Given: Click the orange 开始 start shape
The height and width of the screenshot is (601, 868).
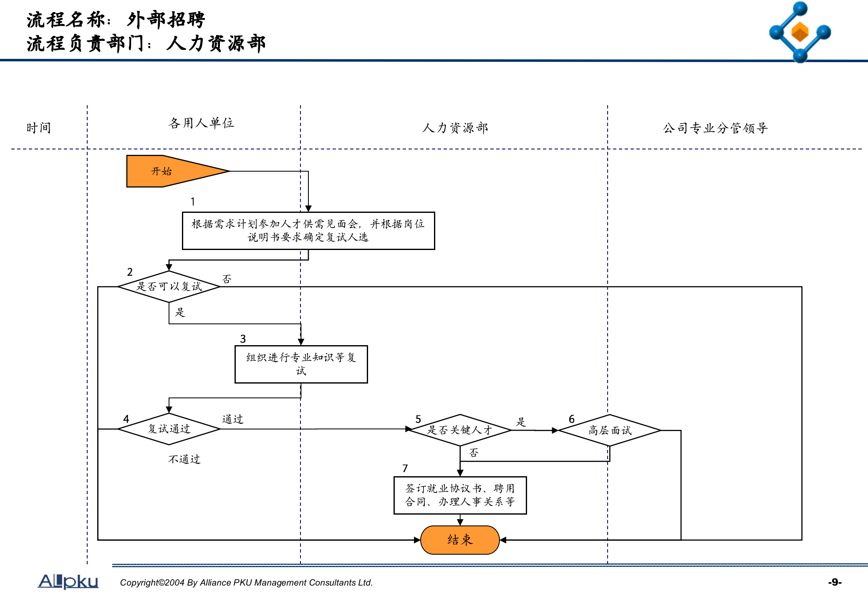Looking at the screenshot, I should pyautogui.click(x=167, y=171).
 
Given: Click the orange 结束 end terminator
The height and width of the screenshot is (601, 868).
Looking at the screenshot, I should pyautogui.click(x=460, y=540).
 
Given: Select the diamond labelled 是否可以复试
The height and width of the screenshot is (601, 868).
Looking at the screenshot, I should pyautogui.click(x=169, y=287).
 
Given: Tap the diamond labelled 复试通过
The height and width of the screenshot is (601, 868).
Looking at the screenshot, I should pyautogui.click(x=169, y=429).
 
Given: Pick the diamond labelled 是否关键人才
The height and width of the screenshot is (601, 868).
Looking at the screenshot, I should pyautogui.click(x=460, y=430).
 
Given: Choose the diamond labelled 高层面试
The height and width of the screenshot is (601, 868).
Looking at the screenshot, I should pyautogui.click(x=610, y=430).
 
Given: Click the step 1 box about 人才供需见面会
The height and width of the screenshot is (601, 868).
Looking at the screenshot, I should pyautogui.click(x=308, y=231).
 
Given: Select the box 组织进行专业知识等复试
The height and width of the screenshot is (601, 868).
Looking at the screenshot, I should pyautogui.click(x=301, y=364).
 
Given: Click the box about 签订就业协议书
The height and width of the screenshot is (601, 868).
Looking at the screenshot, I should pyautogui.click(x=460, y=495).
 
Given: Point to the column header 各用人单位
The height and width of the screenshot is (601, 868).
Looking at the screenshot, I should pyautogui.click(x=201, y=123).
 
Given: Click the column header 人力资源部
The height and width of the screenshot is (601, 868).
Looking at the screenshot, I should pyautogui.click(x=455, y=128).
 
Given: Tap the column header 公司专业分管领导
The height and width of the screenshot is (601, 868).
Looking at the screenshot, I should pyautogui.click(x=715, y=128).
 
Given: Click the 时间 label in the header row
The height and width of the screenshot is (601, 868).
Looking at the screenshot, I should pyautogui.click(x=39, y=128).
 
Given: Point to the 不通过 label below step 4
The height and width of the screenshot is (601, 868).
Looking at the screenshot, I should pyautogui.click(x=184, y=459).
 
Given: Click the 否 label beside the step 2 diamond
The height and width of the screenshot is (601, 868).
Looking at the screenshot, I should pyautogui.click(x=227, y=279).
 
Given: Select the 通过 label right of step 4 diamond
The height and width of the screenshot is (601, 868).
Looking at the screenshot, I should pyautogui.click(x=232, y=419).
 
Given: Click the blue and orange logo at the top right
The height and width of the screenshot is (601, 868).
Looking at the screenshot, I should pyautogui.click(x=800, y=32).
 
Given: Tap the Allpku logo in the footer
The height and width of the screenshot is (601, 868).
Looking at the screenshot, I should pyautogui.click(x=68, y=581).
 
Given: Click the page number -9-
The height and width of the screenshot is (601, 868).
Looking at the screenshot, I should pyautogui.click(x=835, y=582).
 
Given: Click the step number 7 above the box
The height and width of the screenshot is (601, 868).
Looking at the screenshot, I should pyautogui.click(x=405, y=468).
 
